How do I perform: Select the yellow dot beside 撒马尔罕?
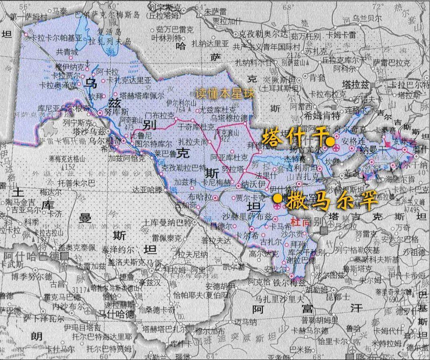(277, 197)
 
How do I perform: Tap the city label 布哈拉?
(199, 197)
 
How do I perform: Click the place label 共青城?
(67, 52)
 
